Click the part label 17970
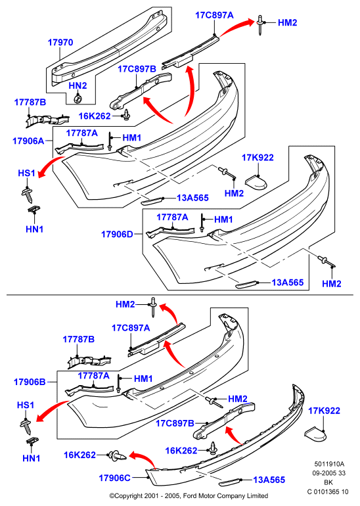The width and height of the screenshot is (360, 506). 60,42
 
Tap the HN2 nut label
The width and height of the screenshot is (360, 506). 78,85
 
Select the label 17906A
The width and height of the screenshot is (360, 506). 28,141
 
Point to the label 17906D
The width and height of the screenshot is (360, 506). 117,234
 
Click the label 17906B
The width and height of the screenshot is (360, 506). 30,382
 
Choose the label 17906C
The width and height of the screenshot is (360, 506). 114,478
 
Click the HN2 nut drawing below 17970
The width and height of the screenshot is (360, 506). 77,99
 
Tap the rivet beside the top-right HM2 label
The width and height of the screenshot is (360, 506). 259,24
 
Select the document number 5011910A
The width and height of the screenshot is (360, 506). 329,465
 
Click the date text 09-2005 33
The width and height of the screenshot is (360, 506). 328,473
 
